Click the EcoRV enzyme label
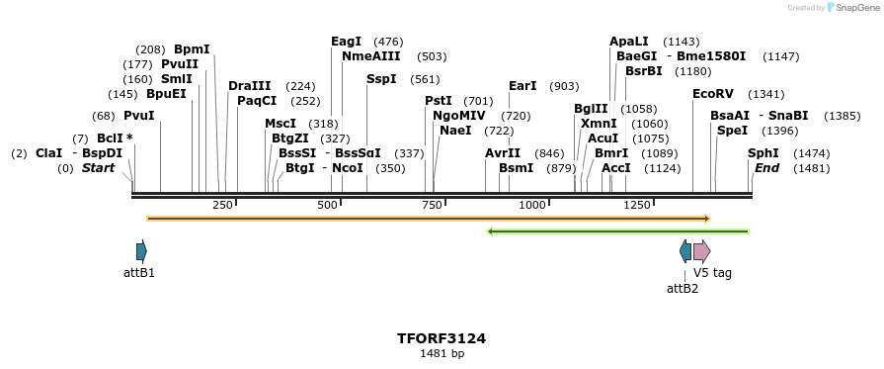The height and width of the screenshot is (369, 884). point(713,94)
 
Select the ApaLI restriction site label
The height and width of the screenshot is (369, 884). point(629,42)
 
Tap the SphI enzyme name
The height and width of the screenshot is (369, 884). point(763,153)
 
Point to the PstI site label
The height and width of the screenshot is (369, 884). point(439,101)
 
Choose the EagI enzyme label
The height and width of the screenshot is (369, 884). point(347,42)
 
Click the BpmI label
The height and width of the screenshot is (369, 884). point(192,49)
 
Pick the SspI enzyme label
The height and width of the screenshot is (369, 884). point(381,79)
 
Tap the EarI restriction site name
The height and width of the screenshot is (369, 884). point(522,86)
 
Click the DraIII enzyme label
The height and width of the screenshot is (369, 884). point(249,86)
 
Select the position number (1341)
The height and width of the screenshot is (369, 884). point(766,94)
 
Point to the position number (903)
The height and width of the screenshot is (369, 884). point(564,86)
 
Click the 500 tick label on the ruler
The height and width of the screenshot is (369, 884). point(327,205)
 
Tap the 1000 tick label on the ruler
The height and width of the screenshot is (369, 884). point(532,205)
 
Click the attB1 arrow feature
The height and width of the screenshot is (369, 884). point(141,250)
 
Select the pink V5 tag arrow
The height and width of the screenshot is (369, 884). point(701,250)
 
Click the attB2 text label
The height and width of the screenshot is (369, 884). point(683,289)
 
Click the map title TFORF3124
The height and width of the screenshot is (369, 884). point(442,338)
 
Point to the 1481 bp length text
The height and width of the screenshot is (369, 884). point(442,353)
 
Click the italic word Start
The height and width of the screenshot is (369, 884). point(98,168)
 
